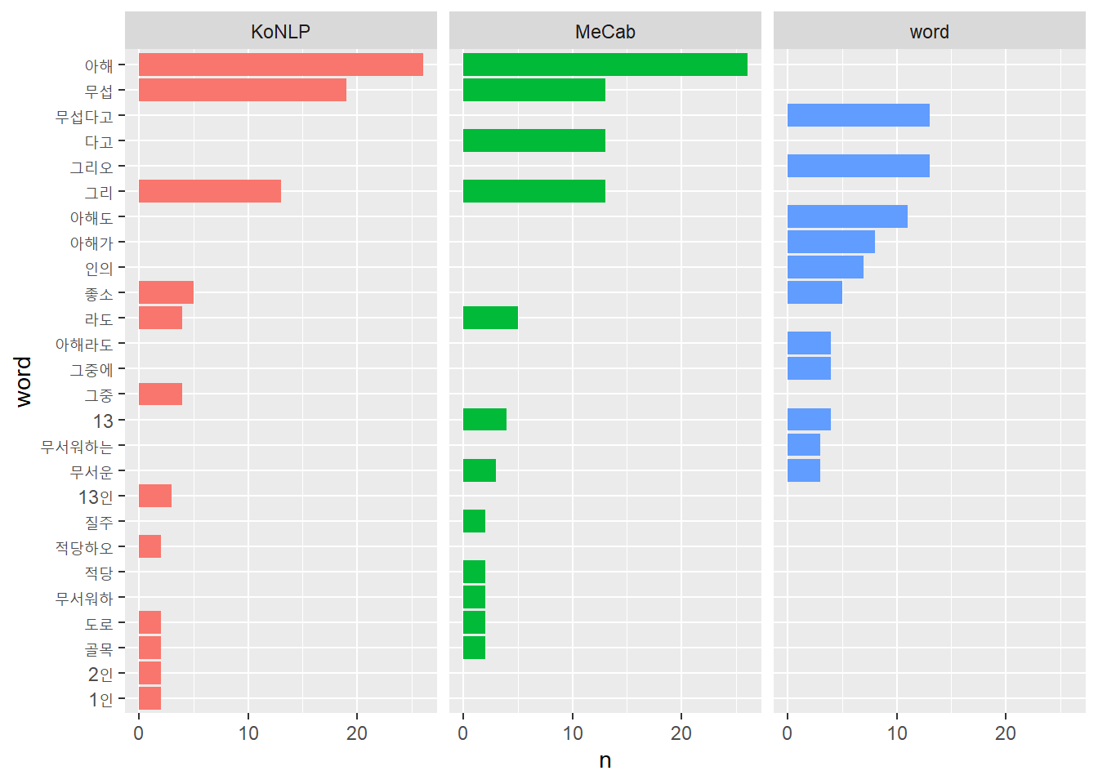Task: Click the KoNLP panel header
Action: point(280,32)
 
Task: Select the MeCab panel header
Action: point(605,32)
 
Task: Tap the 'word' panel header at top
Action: point(929,32)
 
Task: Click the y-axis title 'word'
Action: point(23,381)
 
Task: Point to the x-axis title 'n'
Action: point(605,761)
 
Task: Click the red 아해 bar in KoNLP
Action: point(280,65)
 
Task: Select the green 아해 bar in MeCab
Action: point(605,65)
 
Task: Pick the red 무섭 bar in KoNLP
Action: point(242,90)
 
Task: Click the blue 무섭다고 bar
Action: point(858,115)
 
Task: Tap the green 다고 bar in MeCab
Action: point(533,140)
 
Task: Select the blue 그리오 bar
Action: point(858,166)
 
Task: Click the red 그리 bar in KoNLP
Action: point(209,191)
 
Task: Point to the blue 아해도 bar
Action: point(847,216)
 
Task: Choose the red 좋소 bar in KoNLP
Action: point(166,292)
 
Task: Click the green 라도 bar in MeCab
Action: point(490,318)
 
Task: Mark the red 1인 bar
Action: point(150,698)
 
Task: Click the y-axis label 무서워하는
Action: point(77,447)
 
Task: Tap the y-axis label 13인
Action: point(96,497)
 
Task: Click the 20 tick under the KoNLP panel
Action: point(357,733)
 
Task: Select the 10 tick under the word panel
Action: point(897,733)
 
